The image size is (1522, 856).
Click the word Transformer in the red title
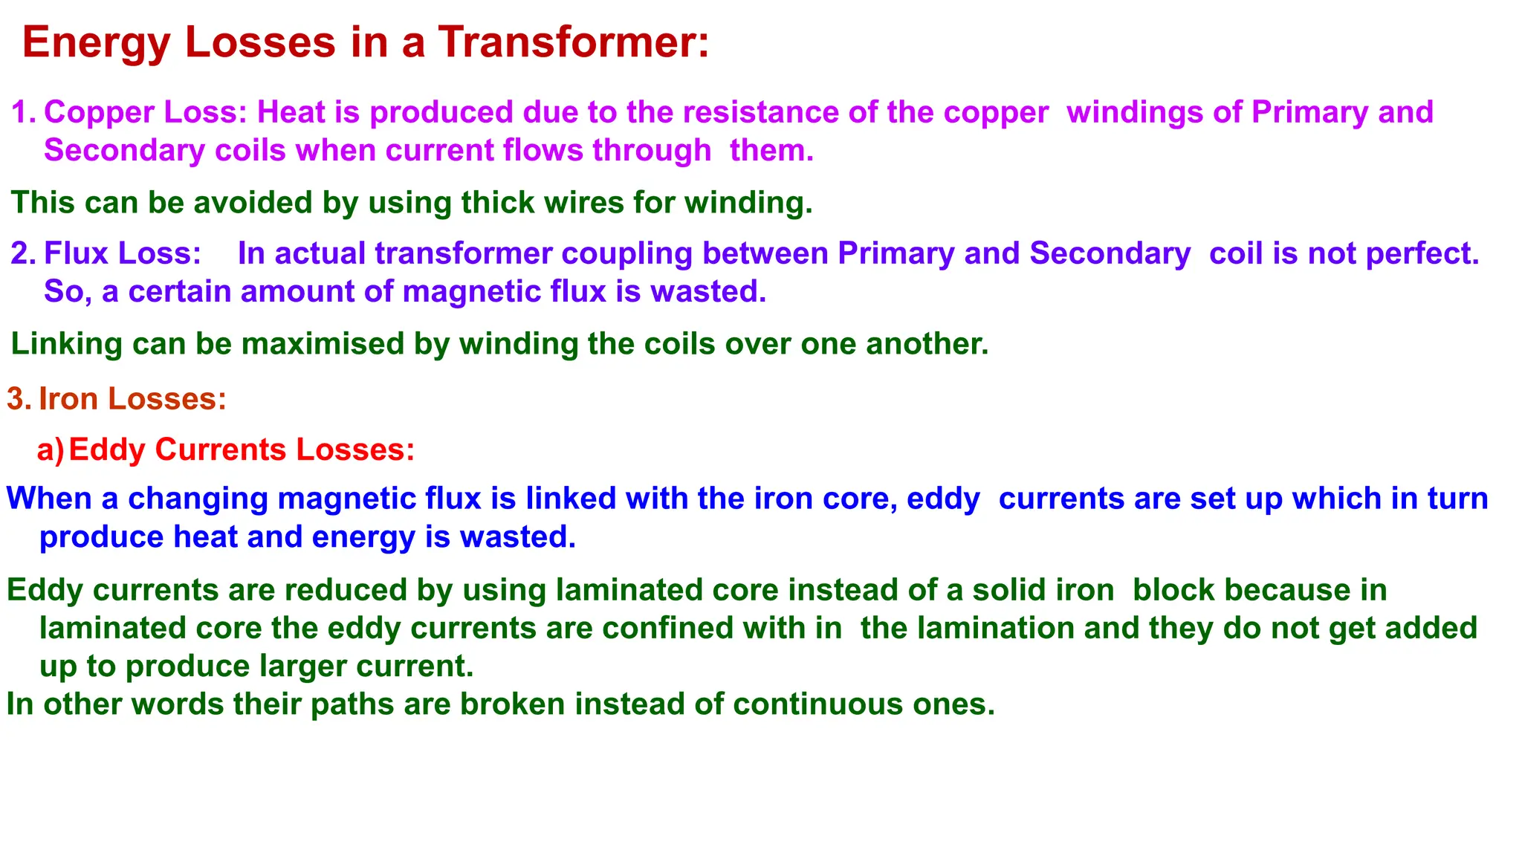coord(573,42)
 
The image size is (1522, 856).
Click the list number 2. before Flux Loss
coord(24,253)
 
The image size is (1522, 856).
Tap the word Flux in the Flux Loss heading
coord(77,253)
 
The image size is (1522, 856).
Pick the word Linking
coord(66,345)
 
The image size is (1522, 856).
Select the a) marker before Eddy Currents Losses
coord(51,450)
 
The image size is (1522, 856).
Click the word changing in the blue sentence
coord(198,499)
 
